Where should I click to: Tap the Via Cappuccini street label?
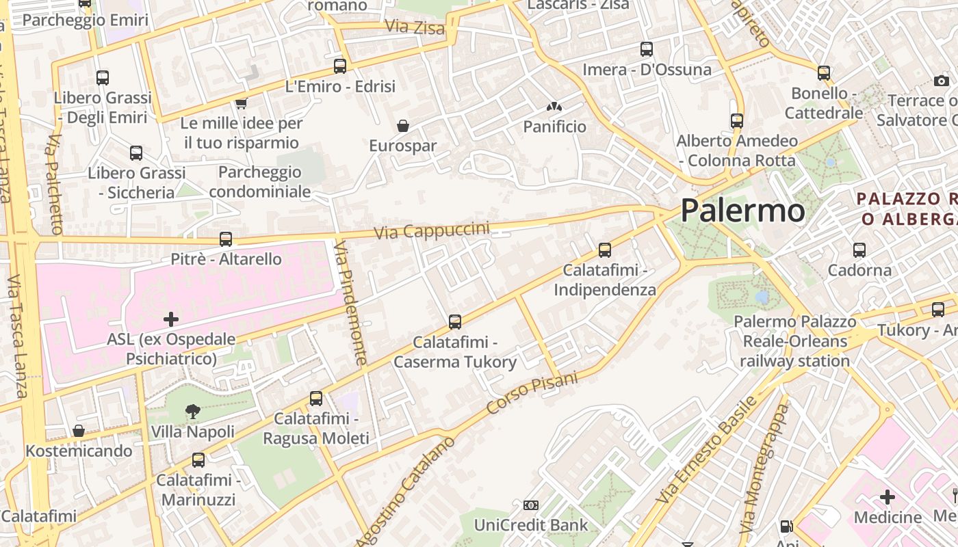[x=432, y=230]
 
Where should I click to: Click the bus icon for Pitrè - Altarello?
[x=226, y=239]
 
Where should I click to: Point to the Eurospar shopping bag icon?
[x=403, y=126]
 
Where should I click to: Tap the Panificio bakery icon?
[x=554, y=107]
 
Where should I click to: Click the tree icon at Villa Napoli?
[x=193, y=412]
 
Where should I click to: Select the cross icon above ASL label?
[x=171, y=319]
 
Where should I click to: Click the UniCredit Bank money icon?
[x=530, y=505]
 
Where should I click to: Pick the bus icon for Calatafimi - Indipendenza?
[x=605, y=250]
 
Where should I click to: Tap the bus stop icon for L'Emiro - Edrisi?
[x=340, y=66]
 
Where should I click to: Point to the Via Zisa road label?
[x=415, y=27]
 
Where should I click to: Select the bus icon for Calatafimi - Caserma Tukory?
[x=455, y=321]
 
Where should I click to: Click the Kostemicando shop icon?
[x=79, y=431]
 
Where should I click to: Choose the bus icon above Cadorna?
[x=859, y=250]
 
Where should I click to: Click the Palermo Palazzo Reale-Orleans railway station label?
[x=794, y=341]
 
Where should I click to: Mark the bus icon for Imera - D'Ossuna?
[x=647, y=49]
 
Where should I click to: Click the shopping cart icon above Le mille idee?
[x=241, y=103]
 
